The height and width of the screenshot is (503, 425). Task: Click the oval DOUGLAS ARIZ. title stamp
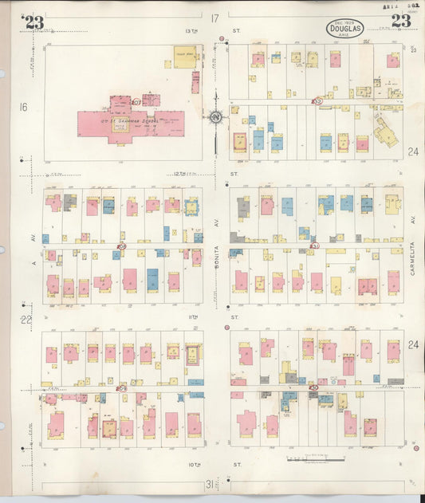click(344, 29)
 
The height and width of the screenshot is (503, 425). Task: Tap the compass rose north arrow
click(215, 119)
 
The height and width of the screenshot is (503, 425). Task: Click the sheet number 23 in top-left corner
click(34, 22)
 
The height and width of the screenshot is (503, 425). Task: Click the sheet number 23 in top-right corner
click(401, 22)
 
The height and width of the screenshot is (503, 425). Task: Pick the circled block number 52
click(317, 101)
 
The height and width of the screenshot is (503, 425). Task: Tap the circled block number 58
click(121, 246)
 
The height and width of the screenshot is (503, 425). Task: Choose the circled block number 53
click(314, 246)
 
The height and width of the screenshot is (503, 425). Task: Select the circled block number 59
click(122, 388)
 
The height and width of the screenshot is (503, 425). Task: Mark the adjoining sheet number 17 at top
click(214, 18)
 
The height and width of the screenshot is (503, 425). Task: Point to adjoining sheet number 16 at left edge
click(24, 106)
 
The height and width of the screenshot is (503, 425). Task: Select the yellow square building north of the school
click(184, 57)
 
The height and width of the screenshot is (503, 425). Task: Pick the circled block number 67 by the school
click(136, 102)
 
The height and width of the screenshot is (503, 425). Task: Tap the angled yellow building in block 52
click(385, 133)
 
